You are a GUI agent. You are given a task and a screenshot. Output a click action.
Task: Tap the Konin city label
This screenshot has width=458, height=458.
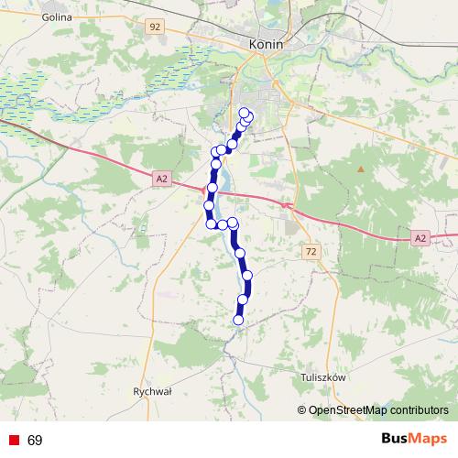pos(265,44)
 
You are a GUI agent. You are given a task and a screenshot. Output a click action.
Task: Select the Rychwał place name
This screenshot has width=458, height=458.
pos(152,390)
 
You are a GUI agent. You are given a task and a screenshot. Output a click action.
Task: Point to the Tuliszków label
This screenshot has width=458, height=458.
pos(322,376)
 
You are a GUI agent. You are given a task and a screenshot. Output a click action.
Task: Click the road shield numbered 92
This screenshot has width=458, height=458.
pos(154,27)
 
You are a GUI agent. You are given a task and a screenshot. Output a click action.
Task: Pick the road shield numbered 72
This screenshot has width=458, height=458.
pos(311,250)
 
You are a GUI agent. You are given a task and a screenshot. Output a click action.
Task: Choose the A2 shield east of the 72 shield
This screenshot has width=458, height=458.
pos(420,238)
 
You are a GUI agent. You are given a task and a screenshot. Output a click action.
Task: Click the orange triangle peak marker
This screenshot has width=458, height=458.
pos(361,169)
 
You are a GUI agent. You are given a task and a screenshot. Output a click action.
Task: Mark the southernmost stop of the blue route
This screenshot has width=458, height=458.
pos(239,321)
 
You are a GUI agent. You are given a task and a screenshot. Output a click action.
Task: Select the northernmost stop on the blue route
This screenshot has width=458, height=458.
pos(244,113)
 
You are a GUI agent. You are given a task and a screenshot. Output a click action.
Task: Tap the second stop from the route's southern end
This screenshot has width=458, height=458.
pos(243,300)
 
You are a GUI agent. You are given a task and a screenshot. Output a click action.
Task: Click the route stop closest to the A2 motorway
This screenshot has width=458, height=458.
pos(213,188)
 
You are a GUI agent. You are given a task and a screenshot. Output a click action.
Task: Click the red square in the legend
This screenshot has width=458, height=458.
pos(13,441)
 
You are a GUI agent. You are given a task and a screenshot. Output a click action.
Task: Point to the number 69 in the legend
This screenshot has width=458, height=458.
pos(35,441)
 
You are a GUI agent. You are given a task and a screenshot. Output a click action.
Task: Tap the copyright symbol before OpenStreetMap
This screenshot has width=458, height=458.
pos(302,410)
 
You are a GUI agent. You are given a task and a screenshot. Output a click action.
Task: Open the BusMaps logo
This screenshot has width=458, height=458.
pos(414,440)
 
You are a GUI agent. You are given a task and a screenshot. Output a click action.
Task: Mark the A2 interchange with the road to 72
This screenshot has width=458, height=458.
pos(288,205)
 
